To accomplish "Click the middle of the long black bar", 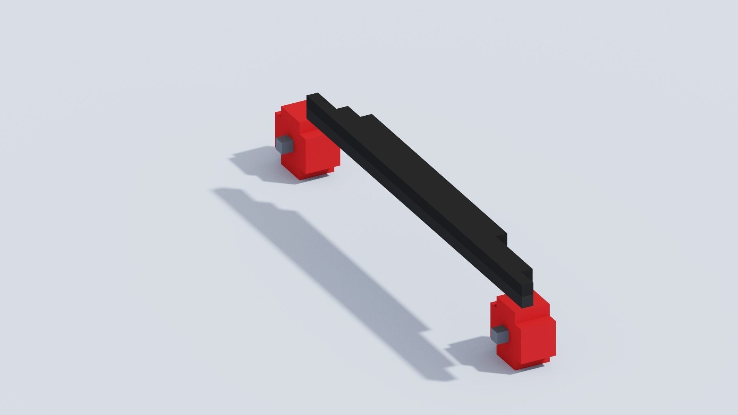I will tap(419, 192).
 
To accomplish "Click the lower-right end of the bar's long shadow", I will tap(442, 369).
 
